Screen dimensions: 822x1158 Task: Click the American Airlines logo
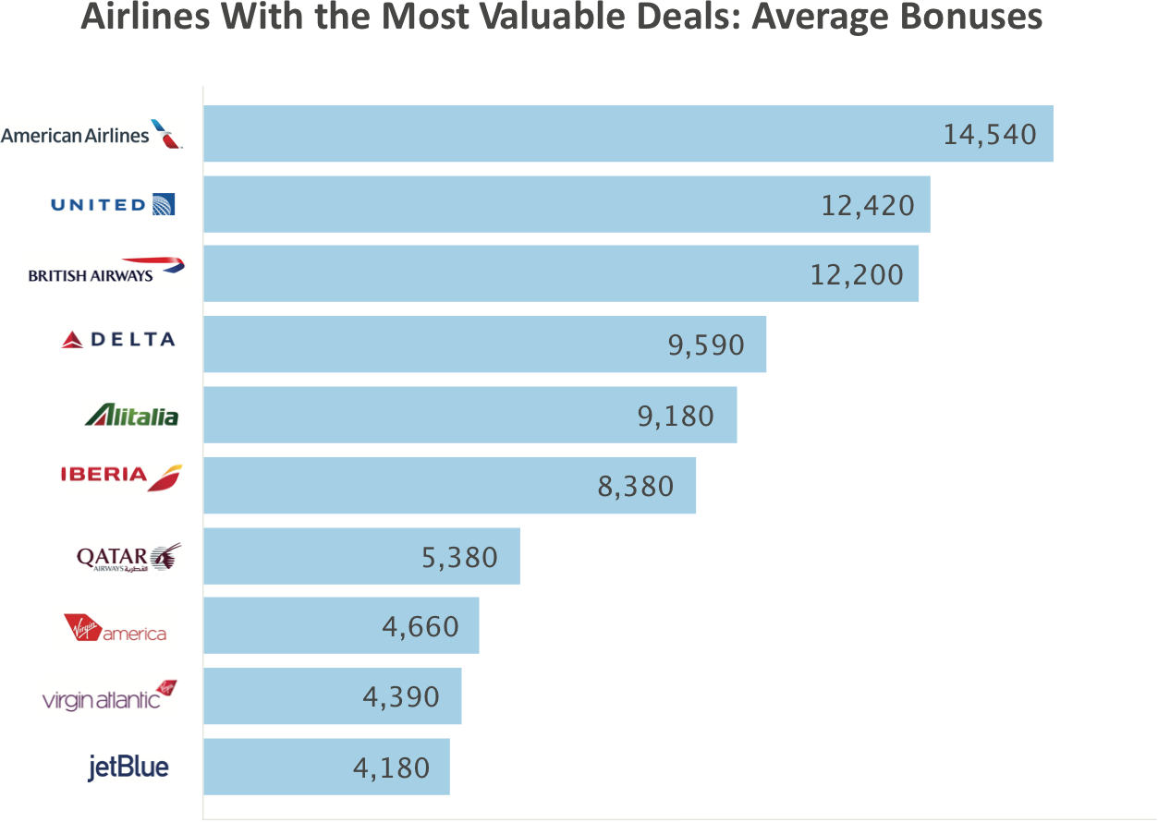tap(91, 135)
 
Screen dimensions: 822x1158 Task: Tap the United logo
tap(113, 204)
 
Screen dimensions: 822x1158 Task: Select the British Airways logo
tap(106, 270)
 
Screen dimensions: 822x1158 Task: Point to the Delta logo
tap(118, 339)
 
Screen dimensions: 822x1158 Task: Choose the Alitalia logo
tap(131, 415)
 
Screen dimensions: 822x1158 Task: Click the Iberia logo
tap(121, 477)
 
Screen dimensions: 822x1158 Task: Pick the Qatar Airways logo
tap(129, 558)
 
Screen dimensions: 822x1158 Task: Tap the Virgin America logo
tap(114, 630)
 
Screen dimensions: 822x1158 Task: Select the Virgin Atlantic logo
tap(110, 696)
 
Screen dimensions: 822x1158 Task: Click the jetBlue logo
tap(128, 768)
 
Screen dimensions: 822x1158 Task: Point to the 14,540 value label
tap(990, 135)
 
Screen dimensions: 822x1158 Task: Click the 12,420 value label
tap(868, 205)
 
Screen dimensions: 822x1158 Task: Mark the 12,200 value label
tap(857, 274)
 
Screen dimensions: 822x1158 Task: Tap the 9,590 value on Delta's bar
tap(706, 345)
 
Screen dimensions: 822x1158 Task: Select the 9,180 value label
tap(676, 416)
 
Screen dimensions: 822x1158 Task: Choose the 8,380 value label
tap(636, 486)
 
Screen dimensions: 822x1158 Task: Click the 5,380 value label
tap(459, 557)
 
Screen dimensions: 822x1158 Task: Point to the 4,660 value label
tap(421, 627)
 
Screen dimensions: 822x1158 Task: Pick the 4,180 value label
tap(392, 768)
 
